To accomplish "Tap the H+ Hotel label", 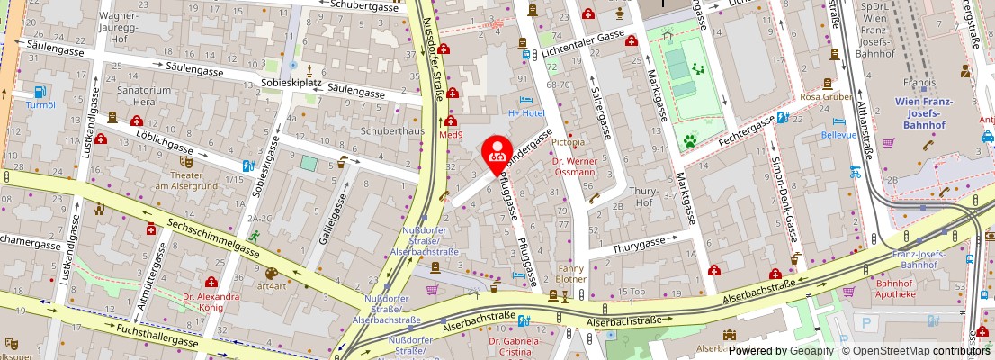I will click(x=526, y=112).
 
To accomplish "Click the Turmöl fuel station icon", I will click(x=40, y=92).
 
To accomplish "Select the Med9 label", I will click(x=450, y=135).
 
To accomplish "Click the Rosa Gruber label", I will click(x=825, y=96).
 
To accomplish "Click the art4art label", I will click(x=271, y=286).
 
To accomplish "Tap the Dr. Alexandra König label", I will click(x=211, y=301).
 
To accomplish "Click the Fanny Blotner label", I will click(x=571, y=274).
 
